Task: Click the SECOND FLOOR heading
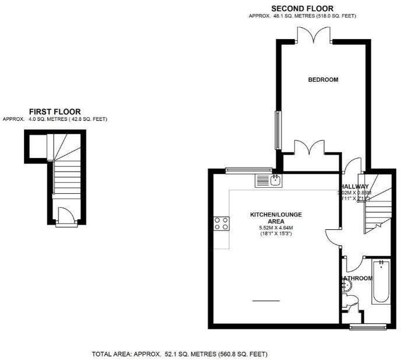coord(302,8)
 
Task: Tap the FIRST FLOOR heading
coord(55,111)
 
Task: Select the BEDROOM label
coord(323,80)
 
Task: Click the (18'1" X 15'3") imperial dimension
coord(276,234)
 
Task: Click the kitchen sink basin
coord(276,180)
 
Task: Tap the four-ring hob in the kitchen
coord(221,223)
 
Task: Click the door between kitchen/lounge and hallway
coord(334,235)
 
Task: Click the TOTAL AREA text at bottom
coord(180,354)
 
